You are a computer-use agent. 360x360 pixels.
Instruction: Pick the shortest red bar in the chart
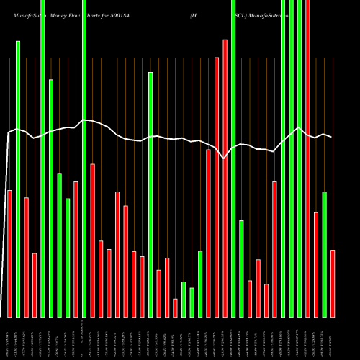[175, 307]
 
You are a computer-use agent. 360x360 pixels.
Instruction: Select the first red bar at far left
[9, 253]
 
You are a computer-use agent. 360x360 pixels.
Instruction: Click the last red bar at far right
[333, 283]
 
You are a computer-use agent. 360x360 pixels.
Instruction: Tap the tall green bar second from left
[18, 179]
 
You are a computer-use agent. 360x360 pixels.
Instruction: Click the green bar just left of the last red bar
[325, 254]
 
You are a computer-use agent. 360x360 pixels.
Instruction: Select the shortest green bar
[192, 302]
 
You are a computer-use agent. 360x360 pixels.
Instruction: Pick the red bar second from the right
[316, 264]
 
